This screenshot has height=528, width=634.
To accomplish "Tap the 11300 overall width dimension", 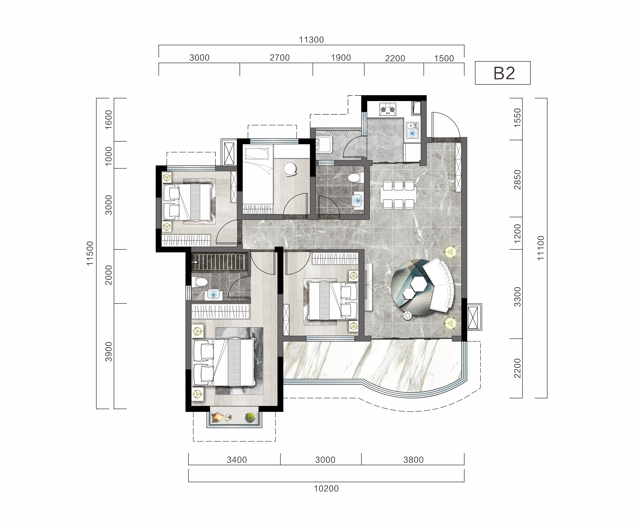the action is [311, 40].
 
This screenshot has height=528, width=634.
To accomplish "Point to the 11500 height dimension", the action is [90, 253].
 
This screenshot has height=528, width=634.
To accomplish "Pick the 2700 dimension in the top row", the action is [280, 58].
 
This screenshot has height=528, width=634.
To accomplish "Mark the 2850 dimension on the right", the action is [518, 180].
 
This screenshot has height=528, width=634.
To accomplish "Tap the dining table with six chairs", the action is [399, 195].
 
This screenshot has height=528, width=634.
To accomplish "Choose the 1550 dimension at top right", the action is [518, 118].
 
